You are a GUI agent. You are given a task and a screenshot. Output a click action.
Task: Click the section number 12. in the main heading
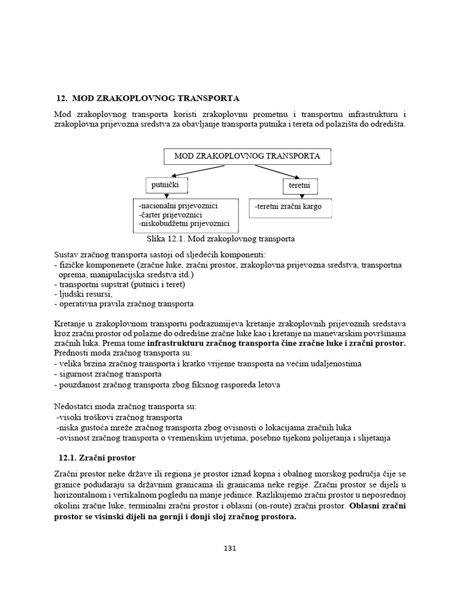60,98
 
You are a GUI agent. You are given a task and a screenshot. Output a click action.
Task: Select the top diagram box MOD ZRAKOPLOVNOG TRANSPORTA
247,156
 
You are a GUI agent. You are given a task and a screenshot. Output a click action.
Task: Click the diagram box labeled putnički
162,185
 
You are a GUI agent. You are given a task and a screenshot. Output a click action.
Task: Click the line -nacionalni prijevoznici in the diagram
178,206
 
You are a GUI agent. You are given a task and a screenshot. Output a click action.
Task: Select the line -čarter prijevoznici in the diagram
170,215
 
